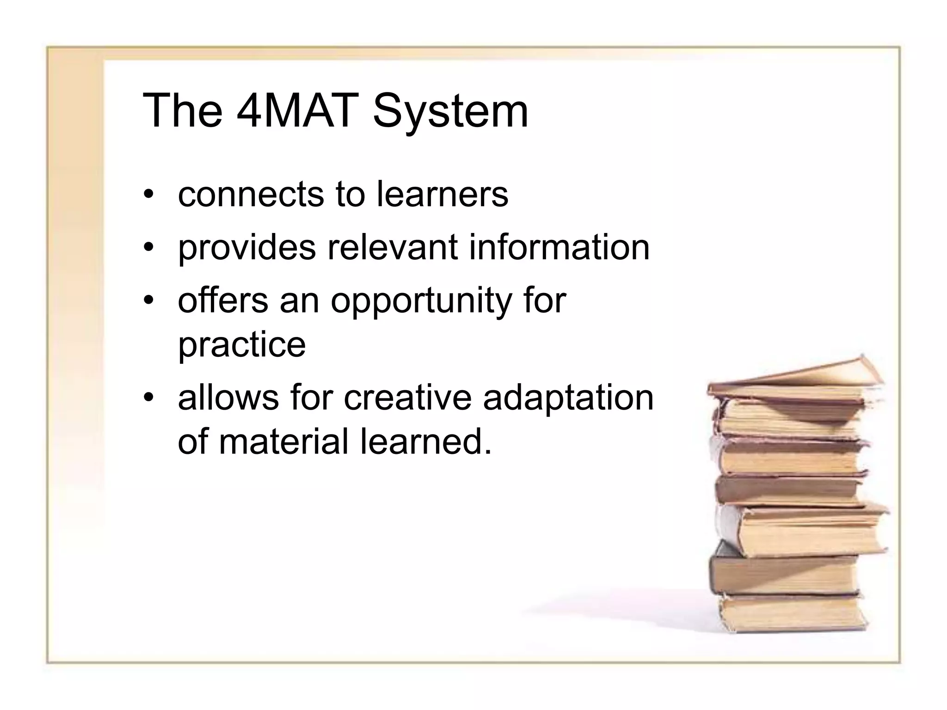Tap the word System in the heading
coord(450,111)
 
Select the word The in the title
coord(182,111)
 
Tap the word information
coord(560,247)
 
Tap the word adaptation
coord(568,399)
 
